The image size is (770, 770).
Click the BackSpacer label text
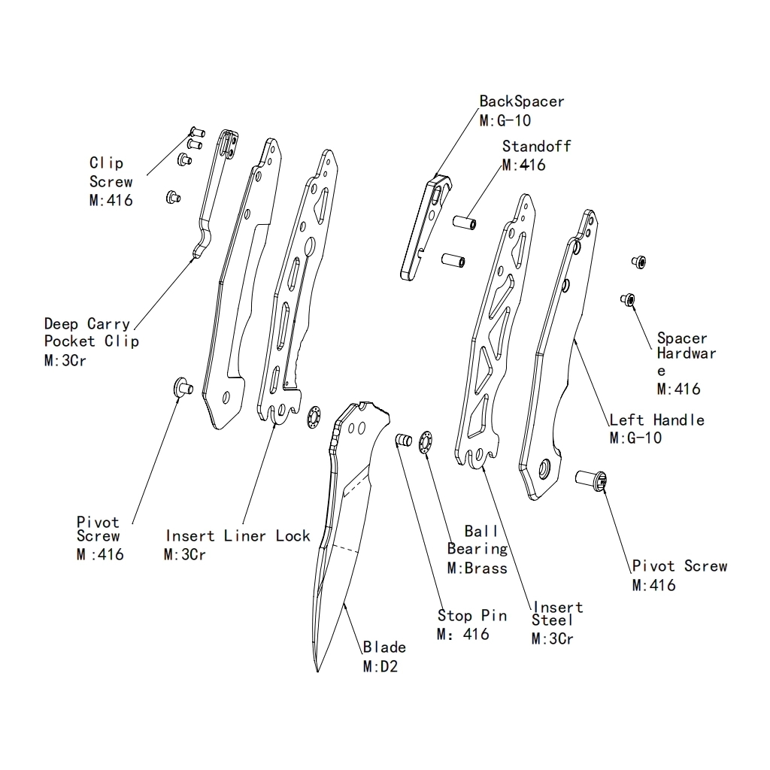click(x=522, y=102)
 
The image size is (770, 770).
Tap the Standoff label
click(x=536, y=147)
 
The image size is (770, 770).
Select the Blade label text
click(x=384, y=647)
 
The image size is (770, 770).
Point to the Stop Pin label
click(x=472, y=616)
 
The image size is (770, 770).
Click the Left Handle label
click(x=656, y=420)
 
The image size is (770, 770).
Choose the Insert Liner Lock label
click(x=238, y=536)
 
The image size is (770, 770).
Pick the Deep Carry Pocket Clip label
click(x=91, y=332)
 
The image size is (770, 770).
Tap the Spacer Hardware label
click(x=686, y=354)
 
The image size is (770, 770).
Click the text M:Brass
click(x=477, y=568)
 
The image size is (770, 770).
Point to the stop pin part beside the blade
click(x=403, y=439)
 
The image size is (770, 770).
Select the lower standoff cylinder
click(x=453, y=260)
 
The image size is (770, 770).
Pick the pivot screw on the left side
click(x=183, y=387)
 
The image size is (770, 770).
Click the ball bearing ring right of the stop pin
click(x=426, y=440)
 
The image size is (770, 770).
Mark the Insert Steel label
click(x=556, y=614)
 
